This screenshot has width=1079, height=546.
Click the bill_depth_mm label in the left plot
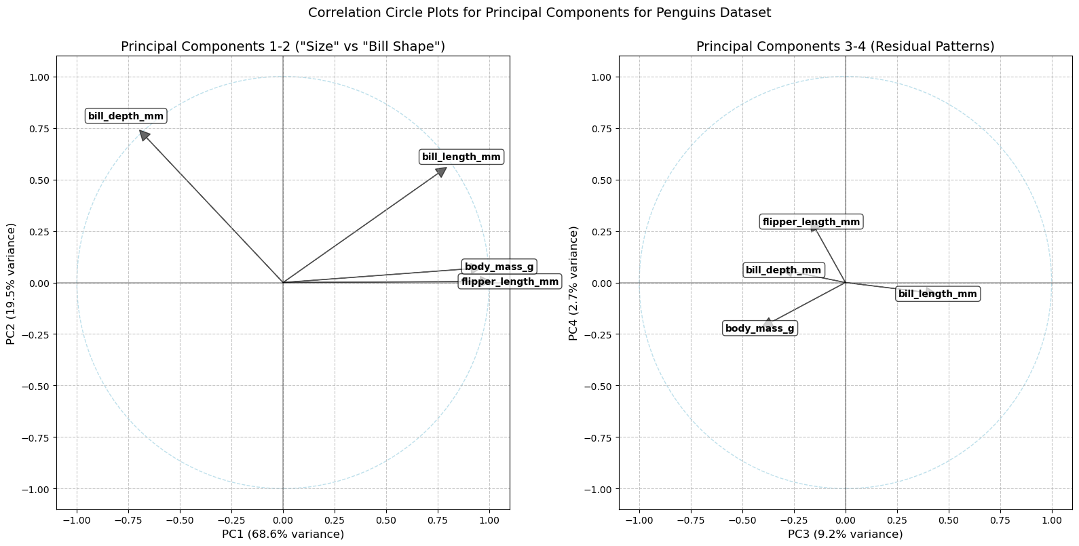pyautogui.click(x=126, y=116)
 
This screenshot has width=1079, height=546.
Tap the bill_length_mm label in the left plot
pyautogui.click(x=461, y=157)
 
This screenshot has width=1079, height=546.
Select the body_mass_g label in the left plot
pyautogui.click(x=499, y=267)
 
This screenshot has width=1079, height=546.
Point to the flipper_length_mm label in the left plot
pyautogui.click(x=510, y=281)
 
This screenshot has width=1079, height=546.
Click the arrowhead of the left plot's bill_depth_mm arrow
pyautogui.click(x=144, y=135)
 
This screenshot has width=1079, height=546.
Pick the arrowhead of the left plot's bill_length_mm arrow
pyautogui.click(x=442, y=171)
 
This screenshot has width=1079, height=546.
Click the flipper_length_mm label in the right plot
pyautogui.click(x=811, y=222)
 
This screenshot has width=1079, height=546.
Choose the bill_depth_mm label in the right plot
pyautogui.click(x=783, y=271)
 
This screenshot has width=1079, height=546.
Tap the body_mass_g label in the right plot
pyautogui.click(x=759, y=329)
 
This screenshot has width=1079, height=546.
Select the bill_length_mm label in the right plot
pyautogui.click(x=937, y=294)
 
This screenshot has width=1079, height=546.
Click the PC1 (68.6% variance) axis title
pyautogui.click(x=283, y=534)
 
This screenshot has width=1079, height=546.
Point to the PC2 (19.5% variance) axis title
pyautogui.click(x=11, y=283)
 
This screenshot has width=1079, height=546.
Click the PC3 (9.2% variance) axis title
pyautogui.click(x=845, y=534)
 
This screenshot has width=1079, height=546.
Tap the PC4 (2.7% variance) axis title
pyautogui.click(x=573, y=283)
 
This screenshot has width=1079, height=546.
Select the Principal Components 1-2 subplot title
pyautogui.click(x=283, y=46)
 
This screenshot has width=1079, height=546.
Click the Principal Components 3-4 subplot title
pyautogui.click(x=845, y=46)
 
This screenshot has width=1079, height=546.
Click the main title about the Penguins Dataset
pyautogui.click(x=539, y=13)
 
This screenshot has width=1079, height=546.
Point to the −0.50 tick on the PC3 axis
pyautogui.click(x=742, y=520)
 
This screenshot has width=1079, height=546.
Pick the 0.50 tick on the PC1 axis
pyautogui.click(x=386, y=520)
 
